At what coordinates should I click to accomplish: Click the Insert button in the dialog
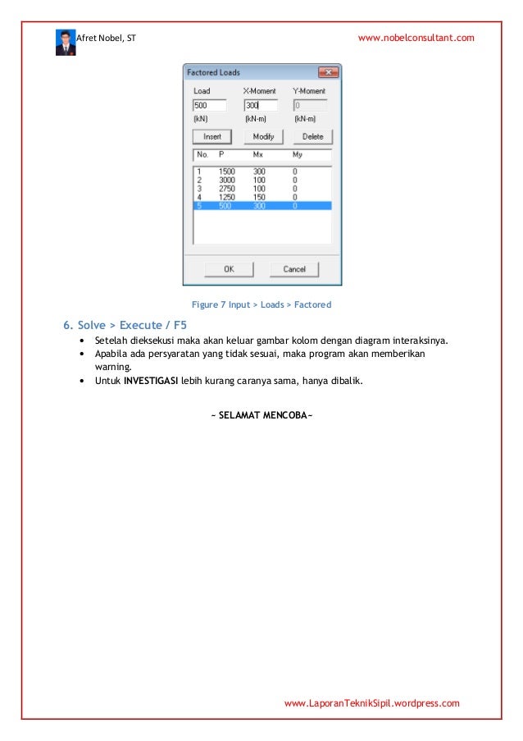212,136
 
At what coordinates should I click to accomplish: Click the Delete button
312,136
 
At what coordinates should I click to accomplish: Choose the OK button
229,269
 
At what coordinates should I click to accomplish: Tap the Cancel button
294,269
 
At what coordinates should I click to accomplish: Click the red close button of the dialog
328,72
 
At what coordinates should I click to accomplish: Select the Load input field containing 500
209,106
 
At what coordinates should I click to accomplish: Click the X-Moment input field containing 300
261,106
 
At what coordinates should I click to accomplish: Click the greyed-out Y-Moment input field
310,106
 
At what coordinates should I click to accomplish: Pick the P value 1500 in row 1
226,172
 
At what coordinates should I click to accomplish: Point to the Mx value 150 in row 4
259,197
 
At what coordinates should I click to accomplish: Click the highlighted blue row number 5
198,206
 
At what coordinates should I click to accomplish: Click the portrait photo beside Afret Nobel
65,42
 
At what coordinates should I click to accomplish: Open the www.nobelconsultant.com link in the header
416,39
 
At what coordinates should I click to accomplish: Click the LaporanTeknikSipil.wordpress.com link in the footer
371,703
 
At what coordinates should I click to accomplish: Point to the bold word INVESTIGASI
151,382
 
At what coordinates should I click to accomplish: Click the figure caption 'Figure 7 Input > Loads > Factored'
261,304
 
